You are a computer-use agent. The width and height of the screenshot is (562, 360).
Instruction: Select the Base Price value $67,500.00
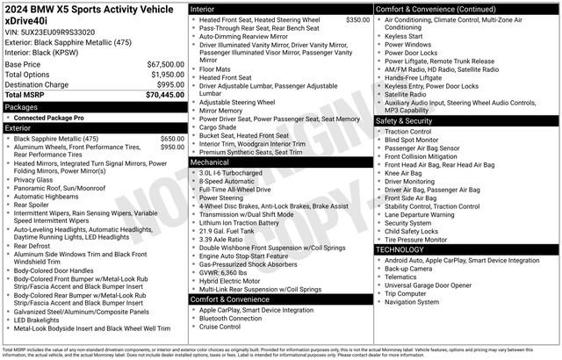click(165, 65)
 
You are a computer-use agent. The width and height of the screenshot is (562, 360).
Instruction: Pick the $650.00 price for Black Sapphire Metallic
click(171, 139)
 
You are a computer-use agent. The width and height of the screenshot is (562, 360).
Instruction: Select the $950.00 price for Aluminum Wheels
click(171, 148)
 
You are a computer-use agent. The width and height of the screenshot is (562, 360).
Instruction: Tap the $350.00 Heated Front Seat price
click(357, 19)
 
